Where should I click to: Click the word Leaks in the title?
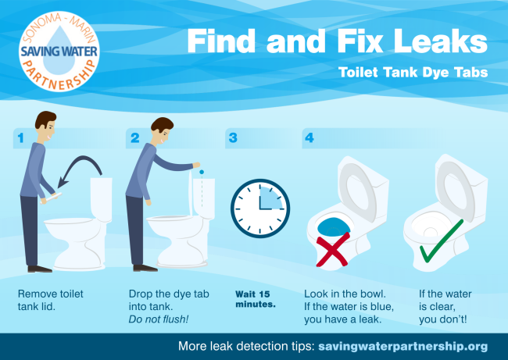(x=440, y=41)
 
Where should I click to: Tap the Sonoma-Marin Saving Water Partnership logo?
(x=59, y=52)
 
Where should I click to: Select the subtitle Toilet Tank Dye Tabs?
(x=413, y=72)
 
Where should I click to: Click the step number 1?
(x=21, y=138)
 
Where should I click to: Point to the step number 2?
(x=135, y=138)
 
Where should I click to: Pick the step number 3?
(x=233, y=138)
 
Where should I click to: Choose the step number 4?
(x=309, y=138)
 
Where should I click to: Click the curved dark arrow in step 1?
(x=84, y=159)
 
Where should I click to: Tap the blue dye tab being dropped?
(x=202, y=172)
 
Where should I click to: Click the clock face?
(x=260, y=209)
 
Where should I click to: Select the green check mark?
(x=442, y=241)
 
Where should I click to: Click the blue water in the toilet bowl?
(x=334, y=226)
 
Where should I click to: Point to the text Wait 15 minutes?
(x=256, y=299)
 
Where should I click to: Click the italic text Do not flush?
(x=159, y=319)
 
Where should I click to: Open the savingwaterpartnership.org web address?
(x=403, y=347)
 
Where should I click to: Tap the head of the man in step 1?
(x=45, y=125)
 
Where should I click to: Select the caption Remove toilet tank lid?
(x=50, y=300)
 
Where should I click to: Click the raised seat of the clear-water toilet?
(x=455, y=187)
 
